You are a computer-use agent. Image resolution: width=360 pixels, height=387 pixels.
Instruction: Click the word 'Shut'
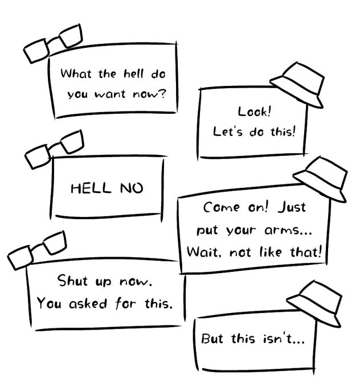(71, 281)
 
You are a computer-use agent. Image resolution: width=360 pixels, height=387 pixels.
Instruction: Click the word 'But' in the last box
(213, 340)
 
